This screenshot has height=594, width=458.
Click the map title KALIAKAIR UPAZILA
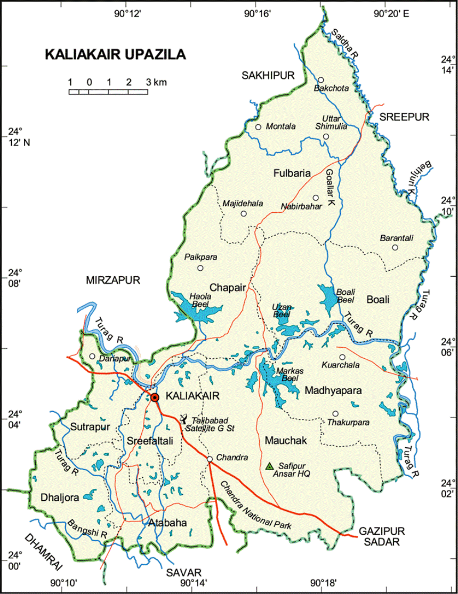click(x=115, y=55)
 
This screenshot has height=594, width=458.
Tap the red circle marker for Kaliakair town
click(x=155, y=397)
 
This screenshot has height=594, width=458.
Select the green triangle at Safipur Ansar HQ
click(x=270, y=465)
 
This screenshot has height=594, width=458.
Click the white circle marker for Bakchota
click(x=321, y=80)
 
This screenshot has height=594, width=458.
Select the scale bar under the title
click(x=108, y=92)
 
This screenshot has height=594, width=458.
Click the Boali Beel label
click(x=345, y=295)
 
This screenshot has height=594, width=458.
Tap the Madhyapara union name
click(x=333, y=391)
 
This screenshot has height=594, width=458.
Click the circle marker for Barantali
click(x=395, y=247)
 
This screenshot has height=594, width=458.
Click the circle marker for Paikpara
click(x=200, y=268)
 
